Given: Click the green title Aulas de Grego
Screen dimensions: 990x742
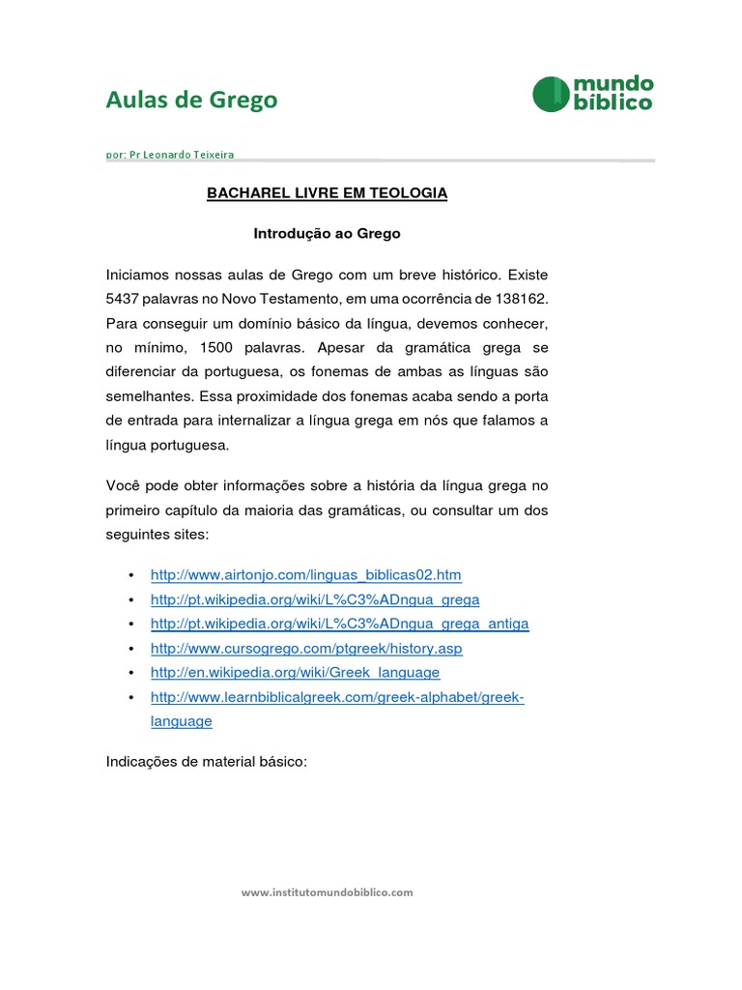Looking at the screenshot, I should coord(191,100).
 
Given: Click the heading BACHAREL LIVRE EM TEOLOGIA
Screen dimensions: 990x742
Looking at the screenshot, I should coord(328,193).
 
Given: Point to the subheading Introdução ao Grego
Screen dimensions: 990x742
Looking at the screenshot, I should coord(327,234).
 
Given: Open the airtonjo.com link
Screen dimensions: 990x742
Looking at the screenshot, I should coord(305,575).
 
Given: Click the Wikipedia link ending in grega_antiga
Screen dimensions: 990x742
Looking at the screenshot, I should coord(339,624).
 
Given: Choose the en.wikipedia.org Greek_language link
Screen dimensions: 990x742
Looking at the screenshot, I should coord(295,672).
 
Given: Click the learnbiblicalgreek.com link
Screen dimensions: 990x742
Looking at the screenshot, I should coord(336,697).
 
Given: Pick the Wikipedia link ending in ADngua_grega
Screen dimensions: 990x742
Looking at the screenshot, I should coord(315,599).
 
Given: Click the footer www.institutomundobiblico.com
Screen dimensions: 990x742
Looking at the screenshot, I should coord(327,892).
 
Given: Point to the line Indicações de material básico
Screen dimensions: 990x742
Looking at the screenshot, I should coord(205,762).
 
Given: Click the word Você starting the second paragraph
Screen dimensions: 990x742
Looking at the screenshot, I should coord(125,484).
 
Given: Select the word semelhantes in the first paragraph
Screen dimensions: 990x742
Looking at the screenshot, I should coord(148,395).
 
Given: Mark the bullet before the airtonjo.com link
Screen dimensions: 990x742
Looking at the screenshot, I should coord(130,575).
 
